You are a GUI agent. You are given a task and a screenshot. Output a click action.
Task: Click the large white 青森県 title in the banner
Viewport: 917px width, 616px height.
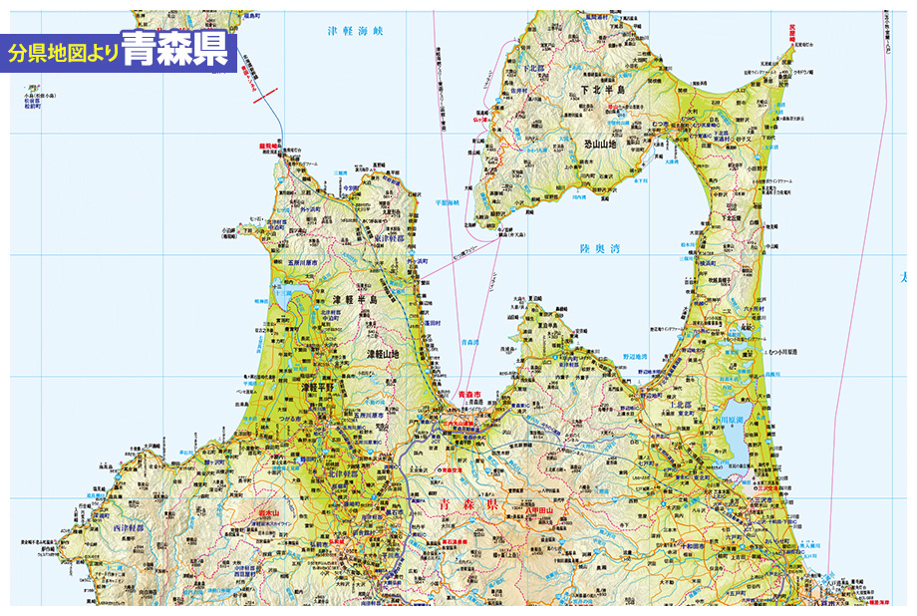coord(175,50)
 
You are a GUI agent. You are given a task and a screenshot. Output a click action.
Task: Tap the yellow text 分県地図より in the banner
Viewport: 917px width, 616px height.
coord(63,53)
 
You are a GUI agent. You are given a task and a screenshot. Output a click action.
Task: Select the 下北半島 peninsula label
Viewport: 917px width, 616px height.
coord(602,89)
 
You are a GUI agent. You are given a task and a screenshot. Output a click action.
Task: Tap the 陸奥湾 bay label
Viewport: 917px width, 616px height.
coord(598,249)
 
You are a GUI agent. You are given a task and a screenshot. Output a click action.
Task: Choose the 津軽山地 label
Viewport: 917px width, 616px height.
coord(383,354)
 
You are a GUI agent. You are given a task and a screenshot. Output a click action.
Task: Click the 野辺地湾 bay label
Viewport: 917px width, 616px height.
coord(635,356)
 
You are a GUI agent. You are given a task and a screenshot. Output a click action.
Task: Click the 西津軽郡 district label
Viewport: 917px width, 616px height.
coord(129,526)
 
